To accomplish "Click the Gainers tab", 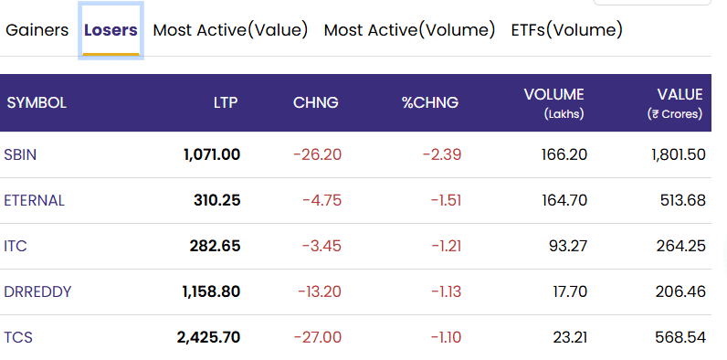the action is (x=37, y=30).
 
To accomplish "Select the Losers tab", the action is (x=111, y=30).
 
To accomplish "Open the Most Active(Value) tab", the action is (x=230, y=30).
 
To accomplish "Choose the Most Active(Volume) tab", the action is (x=409, y=30).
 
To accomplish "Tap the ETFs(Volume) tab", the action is (x=566, y=30).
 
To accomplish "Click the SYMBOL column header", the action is (x=37, y=102).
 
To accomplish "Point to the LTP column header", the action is (x=226, y=102).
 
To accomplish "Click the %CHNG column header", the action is (x=430, y=102).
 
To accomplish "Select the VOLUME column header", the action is (x=554, y=95).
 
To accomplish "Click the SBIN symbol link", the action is (x=20, y=154).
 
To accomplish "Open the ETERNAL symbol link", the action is (x=35, y=200).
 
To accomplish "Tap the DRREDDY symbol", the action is (x=37, y=291).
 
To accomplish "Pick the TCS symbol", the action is (x=18, y=337).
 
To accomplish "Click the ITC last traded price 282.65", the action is (x=216, y=246).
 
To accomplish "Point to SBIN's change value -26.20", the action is (x=318, y=154).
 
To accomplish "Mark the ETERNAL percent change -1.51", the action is (x=446, y=200).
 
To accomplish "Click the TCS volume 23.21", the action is (x=570, y=337).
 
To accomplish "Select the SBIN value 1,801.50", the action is (x=679, y=154).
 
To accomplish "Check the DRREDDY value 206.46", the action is (x=680, y=291).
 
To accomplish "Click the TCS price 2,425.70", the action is (x=208, y=337).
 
